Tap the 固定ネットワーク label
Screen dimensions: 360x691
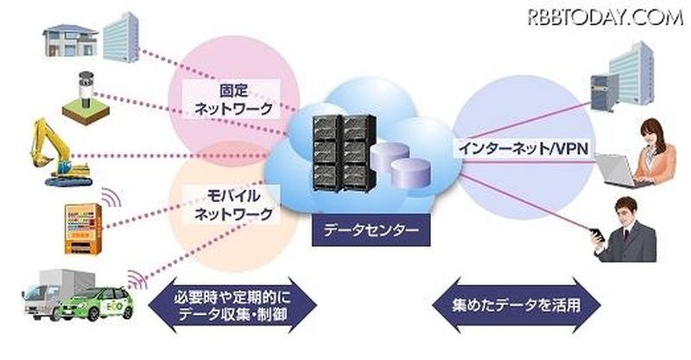coord(233,98)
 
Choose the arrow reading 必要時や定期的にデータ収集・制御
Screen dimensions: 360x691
coord(228,305)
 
